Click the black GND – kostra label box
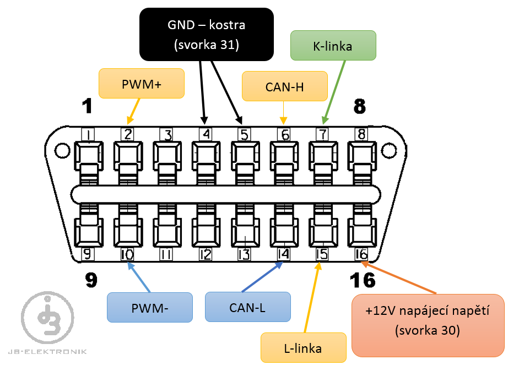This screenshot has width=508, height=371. pos(206,34)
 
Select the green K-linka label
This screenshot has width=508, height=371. pos(332,46)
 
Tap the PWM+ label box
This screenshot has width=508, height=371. pos(141,84)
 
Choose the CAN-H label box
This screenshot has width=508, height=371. pos(284,86)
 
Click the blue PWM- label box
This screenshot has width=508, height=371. pos(150,307)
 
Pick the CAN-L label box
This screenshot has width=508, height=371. pos(247,307)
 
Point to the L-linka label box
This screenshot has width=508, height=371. pos(303,347)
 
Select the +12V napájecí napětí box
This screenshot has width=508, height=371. pos(427,326)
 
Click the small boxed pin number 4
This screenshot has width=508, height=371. pos(205,134)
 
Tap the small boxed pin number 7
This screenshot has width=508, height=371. pos(322,134)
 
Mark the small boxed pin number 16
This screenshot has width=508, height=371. pos(361,254)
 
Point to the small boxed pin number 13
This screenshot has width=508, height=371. pos(244,254)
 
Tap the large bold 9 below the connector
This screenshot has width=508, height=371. pos(91,280)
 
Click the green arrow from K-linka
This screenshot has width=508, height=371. pos(336,90)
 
